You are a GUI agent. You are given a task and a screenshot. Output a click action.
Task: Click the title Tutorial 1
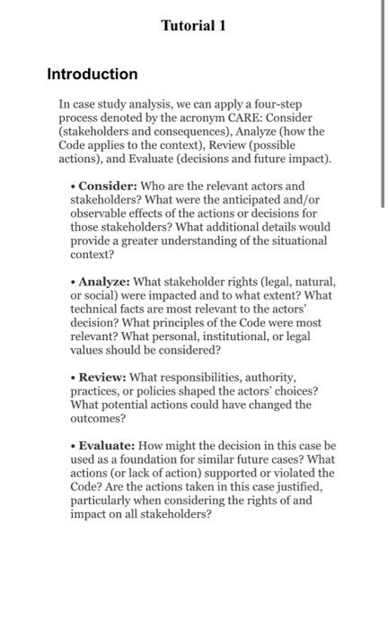click(x=193, y=26)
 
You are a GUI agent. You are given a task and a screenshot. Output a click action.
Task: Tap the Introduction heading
click(x=93, y=74)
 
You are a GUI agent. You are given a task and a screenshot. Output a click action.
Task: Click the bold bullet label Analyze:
click(x=108, y=283)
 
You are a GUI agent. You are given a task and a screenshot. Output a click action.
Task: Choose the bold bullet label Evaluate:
click(x=111, y=445)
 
